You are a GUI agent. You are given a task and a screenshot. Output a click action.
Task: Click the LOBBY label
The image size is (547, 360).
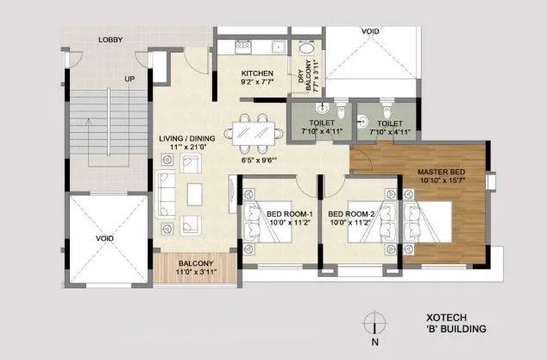(x=110, y=41)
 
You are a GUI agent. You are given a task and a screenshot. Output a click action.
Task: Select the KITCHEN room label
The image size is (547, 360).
(x=257, y=73)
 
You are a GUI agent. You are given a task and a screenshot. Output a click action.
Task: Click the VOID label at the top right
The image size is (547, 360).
(x=371, y=31)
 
